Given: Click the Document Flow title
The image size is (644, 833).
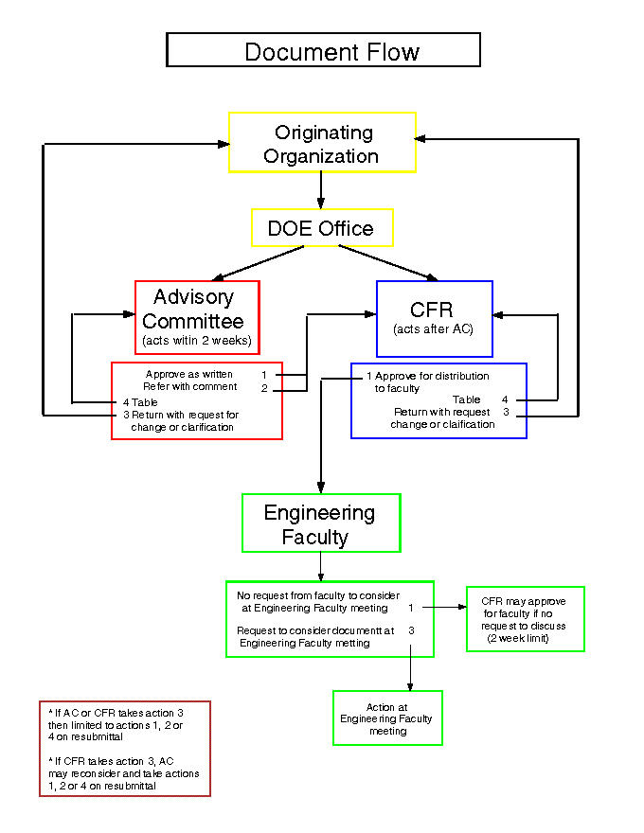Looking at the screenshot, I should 323,50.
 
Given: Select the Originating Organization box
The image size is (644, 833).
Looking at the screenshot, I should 322,143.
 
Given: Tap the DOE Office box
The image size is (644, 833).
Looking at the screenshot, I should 322,228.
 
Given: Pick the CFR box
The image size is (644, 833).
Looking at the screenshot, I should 434,316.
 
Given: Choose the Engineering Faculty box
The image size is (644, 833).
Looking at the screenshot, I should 320,523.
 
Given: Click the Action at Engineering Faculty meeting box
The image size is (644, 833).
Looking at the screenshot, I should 387,718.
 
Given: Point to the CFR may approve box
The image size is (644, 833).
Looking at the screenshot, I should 525,619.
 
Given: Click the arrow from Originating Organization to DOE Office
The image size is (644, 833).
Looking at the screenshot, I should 322,190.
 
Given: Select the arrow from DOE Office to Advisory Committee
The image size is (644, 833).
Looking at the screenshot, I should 259,262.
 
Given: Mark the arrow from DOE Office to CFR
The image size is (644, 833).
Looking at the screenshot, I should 387,262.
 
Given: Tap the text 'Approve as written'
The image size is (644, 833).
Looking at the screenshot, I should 189,375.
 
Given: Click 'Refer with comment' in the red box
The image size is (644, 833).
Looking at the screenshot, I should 190,387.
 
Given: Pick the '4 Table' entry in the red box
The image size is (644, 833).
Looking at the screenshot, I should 139,402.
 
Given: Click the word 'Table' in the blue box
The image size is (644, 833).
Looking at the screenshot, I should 467,399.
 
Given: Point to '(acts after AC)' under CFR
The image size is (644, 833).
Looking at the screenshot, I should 434,329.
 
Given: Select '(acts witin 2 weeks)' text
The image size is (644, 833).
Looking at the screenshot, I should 197,340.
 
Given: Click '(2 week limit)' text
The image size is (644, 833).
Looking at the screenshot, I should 525,639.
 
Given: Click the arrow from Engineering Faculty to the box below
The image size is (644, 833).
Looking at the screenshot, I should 321,566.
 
